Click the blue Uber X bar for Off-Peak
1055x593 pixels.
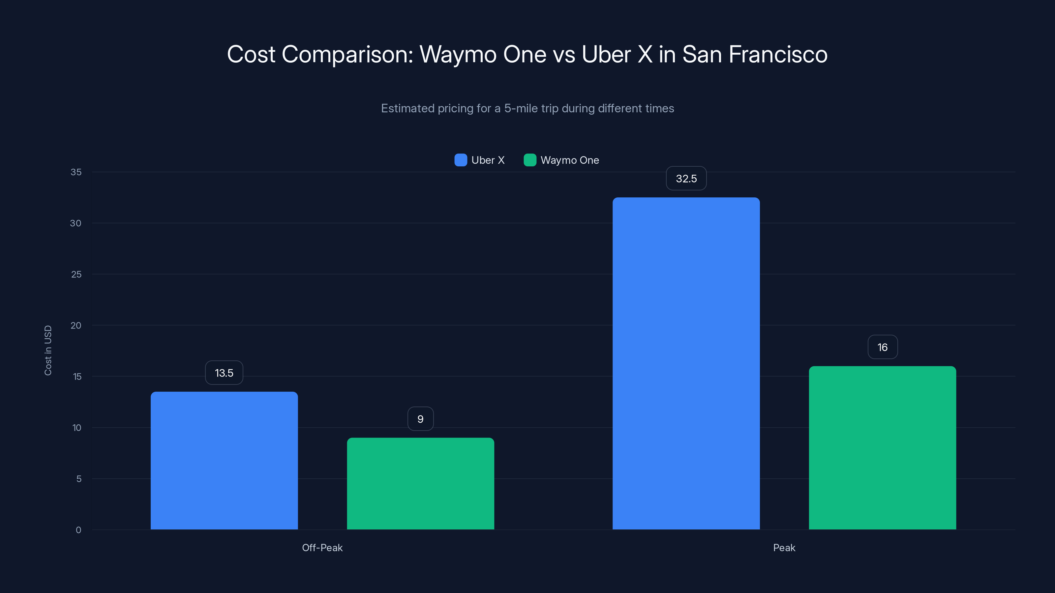pyautogui.click(x=224, y=461)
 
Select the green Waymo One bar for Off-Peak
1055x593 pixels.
pyautogui.click(x=420, y=483)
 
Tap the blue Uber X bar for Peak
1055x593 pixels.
pyautogui.click(x=686, y=363)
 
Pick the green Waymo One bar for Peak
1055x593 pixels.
pyautogui.click(x=882, y=448)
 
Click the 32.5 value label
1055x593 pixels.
pyautogui.click(x=686, y=179)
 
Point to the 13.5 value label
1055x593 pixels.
pyautogui.click(x=224, y=373)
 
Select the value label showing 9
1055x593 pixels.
pyautogui.click(x=420, y=419)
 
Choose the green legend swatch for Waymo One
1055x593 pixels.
pyautogui.click(x=530, y=160)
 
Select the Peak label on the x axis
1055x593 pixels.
pyautogui.click(x=784, y=548)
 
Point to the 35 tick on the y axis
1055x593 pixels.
pyautogui.click(x=76, y=172)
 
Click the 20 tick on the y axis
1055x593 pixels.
pyautogui.click(x=76, y=325)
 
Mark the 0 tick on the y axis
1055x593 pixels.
pyautogui.click(x=78, y=530)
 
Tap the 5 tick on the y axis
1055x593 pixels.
pyautogui.click(x=79, y=479)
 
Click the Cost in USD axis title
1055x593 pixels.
pyautogui.click(x=48, y=350)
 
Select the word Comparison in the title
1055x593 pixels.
pyautogui.click(x=347, y=54)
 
